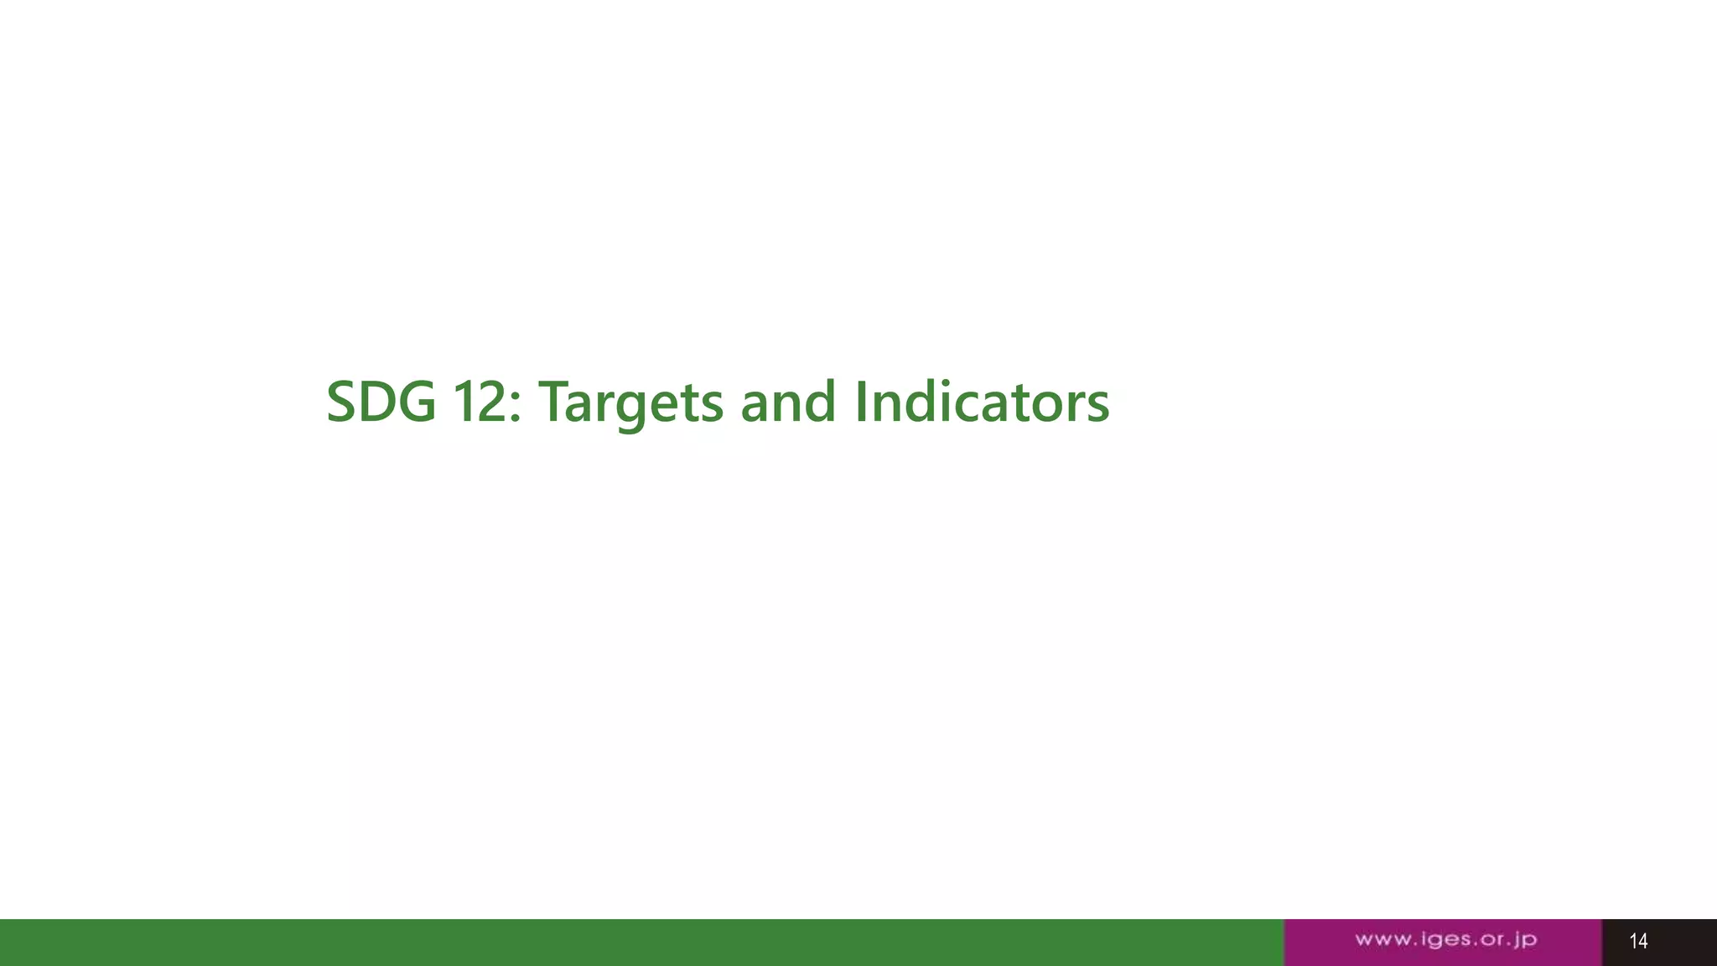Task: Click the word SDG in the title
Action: (x=381, y=402)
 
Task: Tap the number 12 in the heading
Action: (x=480, y=402)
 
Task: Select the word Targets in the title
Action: (x=630, y=402)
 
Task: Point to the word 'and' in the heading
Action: (x=788, y=402)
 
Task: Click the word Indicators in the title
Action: (x=982, y=402)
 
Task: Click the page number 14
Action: (x=1638, y=941)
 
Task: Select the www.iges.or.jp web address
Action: (x=1445, y=940)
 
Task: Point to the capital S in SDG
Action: (x=341, y=402)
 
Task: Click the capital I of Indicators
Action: (x=861, y=402)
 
